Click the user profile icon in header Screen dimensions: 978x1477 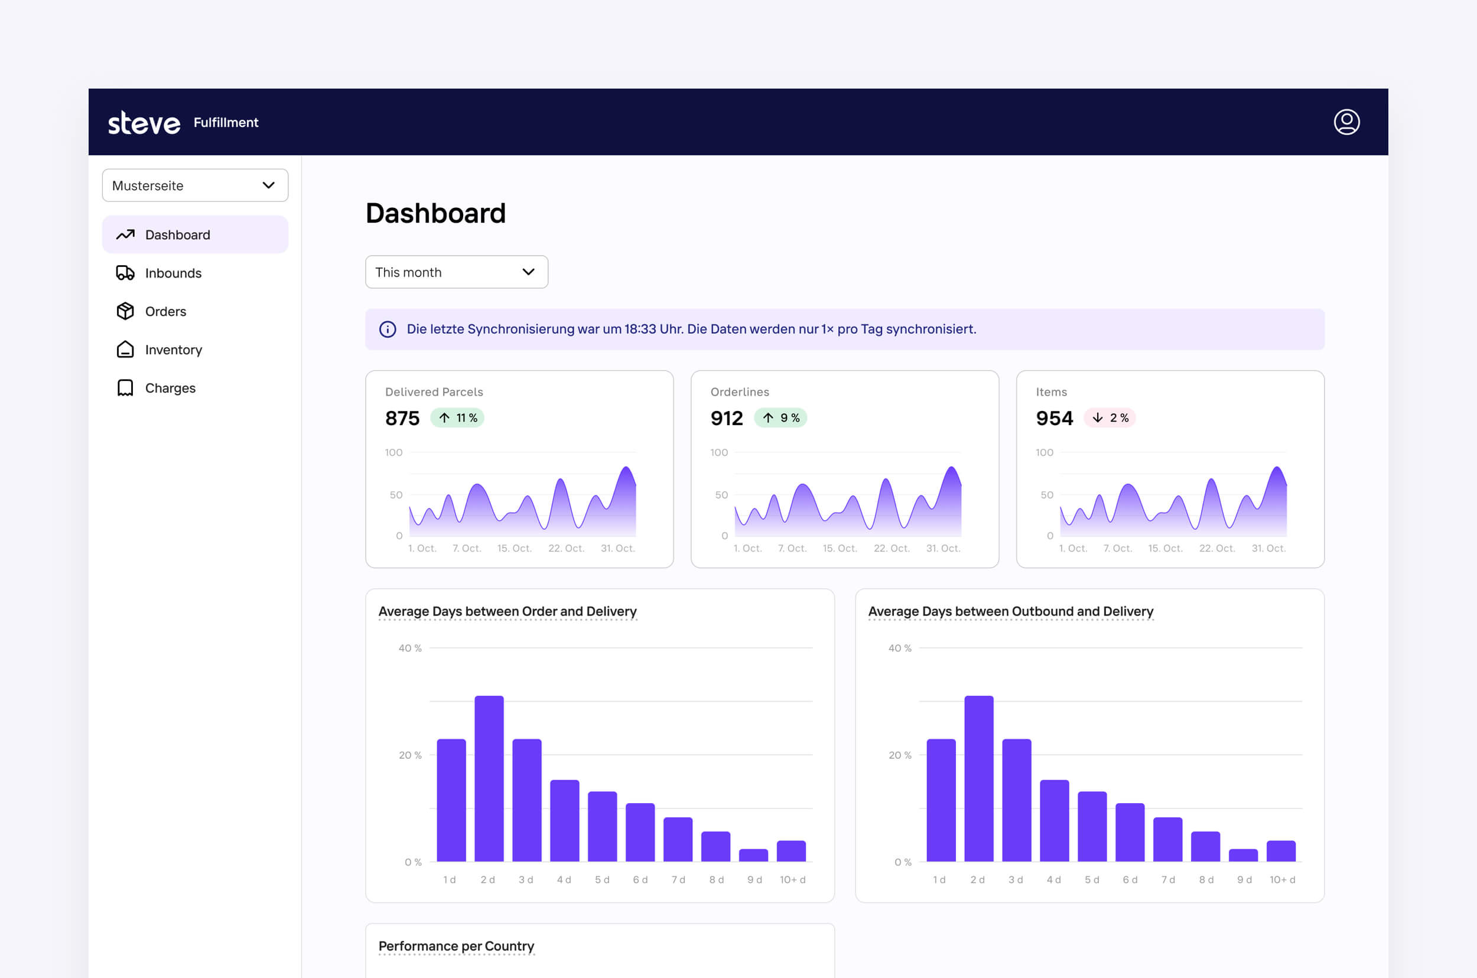pyautogui.click(x=1346, y=122)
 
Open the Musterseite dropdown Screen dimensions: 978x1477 pyautogui.click(x=195, y=185)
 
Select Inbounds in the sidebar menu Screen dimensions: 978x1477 pyautogui.click(x=173, y=273)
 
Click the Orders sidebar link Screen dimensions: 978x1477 pyautogui.click(x=165, y=311)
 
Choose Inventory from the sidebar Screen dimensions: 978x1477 pyautogui.click(x=173, y=350)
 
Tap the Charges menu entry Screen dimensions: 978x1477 pyautogui.click(x=170, y=388)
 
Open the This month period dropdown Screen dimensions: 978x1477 pyautogui.click(x=456, y=272)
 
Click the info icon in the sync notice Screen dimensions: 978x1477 pyautogui.click(x=388, y=330)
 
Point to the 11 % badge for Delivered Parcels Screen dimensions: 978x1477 pyautogui.click(x=457, y=418)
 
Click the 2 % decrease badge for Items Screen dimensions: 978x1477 pyautogui.click(x=1110, y=418)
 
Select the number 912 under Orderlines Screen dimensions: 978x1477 pyautogui.click(x=726, y=418)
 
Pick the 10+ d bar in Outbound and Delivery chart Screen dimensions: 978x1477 pyautogui.click(x=1280, y=851)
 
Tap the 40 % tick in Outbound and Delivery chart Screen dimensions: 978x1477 pyautogui.click(x=899, y=648)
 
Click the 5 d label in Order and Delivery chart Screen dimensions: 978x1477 pyautogui.click(x=601, y=879)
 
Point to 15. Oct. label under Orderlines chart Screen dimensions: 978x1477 pyautogui.click(x=840, y=548)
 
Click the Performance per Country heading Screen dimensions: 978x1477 pyautogui.click(x=456, y=946)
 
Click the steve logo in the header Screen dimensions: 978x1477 pyautogui.click(x=144, y=123)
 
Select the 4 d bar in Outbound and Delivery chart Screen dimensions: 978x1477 pyautogui.click(x=1054, y=820)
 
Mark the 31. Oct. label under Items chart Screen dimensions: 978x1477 pyautogui.click(x=1268, y=548)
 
